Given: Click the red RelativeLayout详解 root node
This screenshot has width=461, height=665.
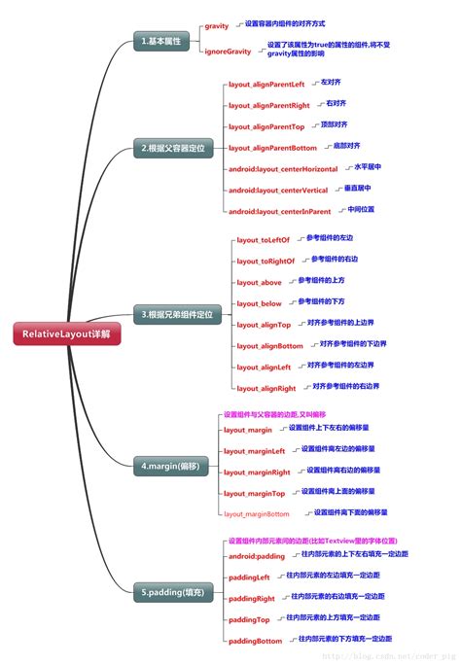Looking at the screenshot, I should click(x=67, y=333).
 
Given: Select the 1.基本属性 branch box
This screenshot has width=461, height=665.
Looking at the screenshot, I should click(x=160, y=41).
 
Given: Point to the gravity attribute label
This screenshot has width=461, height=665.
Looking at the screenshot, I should click(x=217, y=26).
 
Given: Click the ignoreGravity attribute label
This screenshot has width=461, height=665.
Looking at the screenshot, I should click(x=229, y=51).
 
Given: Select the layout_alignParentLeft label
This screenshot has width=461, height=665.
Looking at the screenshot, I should click(x=266, y=85).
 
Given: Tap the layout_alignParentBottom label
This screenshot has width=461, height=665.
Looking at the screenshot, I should click(x=272, y=148).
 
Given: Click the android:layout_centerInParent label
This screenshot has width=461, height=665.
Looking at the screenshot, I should click(x=279, y=211).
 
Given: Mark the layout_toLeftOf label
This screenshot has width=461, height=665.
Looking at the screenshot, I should click(x=264, y=239).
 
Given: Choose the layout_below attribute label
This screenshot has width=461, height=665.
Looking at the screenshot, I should click(x=259, y=303).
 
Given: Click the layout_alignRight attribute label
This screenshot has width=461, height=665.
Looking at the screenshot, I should click(x=266, y=388).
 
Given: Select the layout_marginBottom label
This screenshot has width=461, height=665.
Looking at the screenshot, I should click(x=257, y=513).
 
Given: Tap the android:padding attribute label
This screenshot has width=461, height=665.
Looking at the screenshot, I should click(x=257, y=556).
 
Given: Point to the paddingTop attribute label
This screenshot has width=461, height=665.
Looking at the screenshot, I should click(x=249, y=619).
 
